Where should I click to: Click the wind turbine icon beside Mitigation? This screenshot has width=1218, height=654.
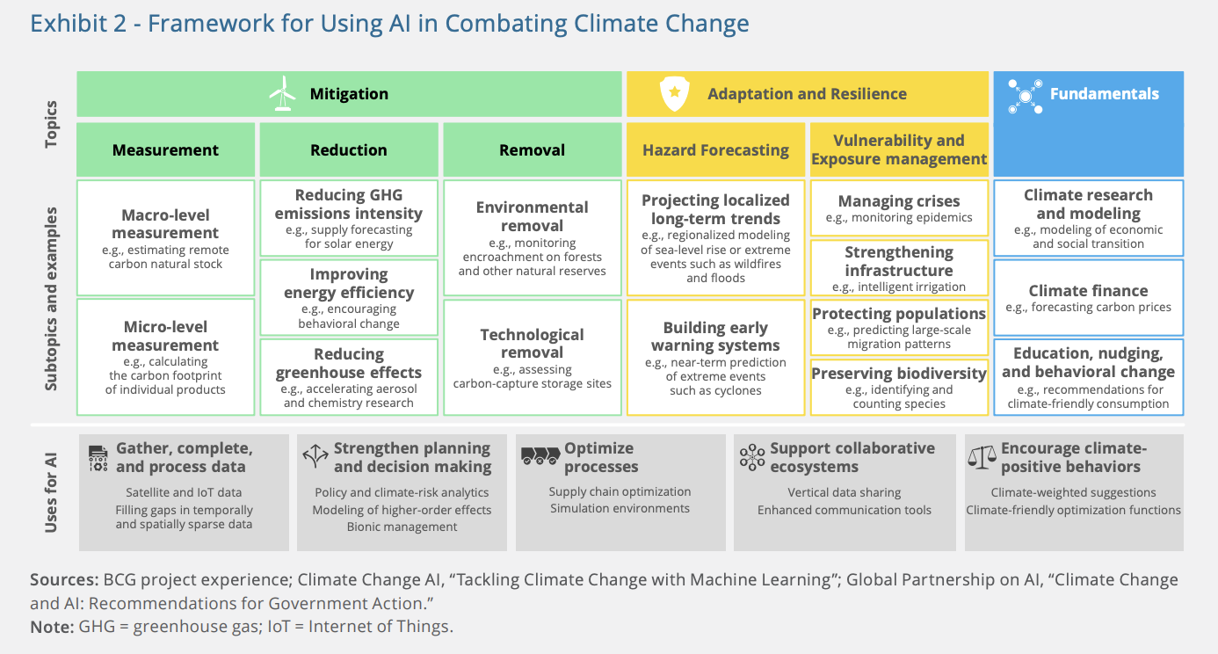[x=282, y=93]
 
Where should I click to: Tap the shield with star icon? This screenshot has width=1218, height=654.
[x=674, y=93]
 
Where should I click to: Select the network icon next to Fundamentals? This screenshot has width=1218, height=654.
[x=1025, y=97]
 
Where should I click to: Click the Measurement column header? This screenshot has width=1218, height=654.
[x=165, y=149]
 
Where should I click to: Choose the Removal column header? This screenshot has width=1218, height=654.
[x=533, y=149]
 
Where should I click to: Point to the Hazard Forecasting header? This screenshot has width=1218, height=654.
[x=715, y=149]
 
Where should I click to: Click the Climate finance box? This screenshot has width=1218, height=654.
[x=1089, y=298]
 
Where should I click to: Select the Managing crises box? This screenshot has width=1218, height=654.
[x=899, y=208]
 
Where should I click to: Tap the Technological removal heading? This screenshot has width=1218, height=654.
[x=533, y=344]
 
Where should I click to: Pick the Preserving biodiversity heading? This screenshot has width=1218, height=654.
[x=899, y=374]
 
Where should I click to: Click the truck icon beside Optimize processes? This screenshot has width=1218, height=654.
[x=540, y=455]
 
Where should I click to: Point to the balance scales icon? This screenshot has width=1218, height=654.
[x=982, y=457]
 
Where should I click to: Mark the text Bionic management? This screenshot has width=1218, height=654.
[x=402, y=527]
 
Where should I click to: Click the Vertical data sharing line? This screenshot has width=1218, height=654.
[x=845, y=492]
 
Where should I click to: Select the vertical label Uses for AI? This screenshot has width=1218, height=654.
[x=51, y=493]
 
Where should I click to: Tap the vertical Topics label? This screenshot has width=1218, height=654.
[x=51, y=124]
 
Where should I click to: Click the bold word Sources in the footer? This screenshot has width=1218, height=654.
[x=64, y=580]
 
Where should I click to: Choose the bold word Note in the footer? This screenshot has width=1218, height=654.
[x=52, y=627]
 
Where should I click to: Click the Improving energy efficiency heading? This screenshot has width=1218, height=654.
[x=349, y=283]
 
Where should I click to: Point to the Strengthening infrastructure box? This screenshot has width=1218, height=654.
[x=899, y=268]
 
